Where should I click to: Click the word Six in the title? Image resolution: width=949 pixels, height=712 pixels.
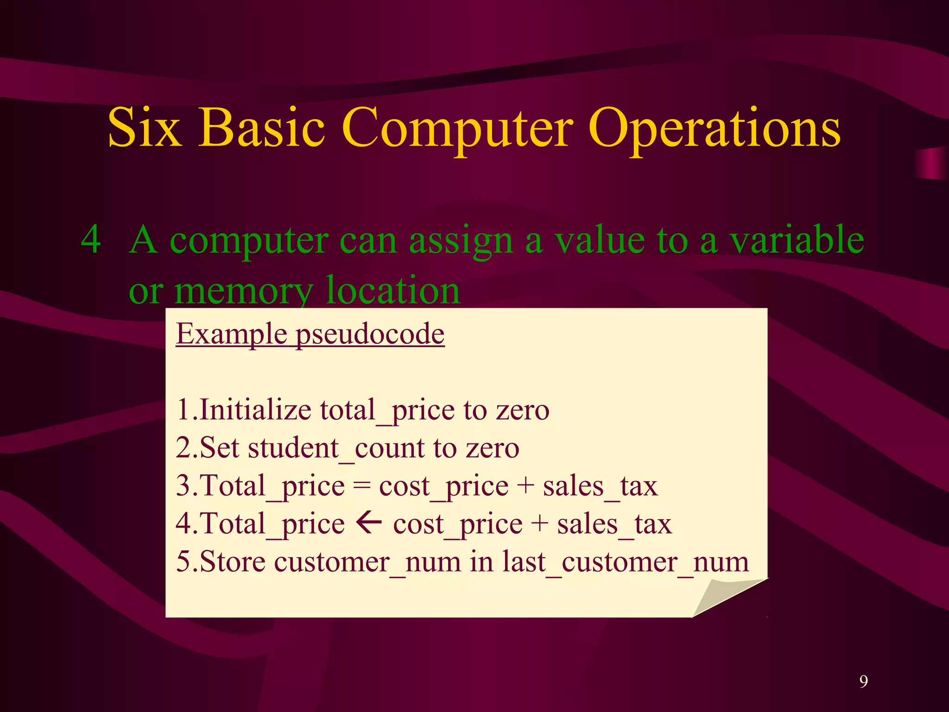click(144, 128)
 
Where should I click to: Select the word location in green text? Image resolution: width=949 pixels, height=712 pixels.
click(393, 290)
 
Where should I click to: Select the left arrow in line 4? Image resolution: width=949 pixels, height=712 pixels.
click(369, 524)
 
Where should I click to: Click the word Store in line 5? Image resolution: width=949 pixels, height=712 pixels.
click(233, 562)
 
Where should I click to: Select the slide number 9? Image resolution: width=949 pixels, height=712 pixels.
click(863, 681)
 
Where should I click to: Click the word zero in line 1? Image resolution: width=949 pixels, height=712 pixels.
click(523, 410)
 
